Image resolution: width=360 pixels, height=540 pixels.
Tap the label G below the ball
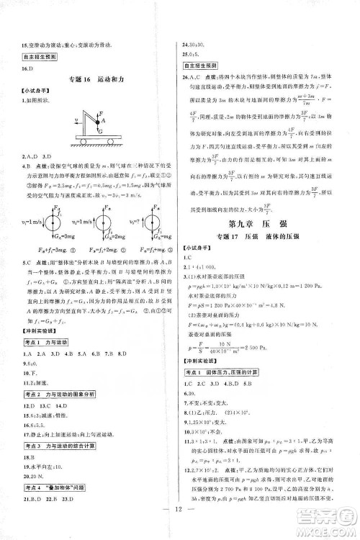(x=101, y=133)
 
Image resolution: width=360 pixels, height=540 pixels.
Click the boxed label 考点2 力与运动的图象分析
(x=57, y=376)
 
